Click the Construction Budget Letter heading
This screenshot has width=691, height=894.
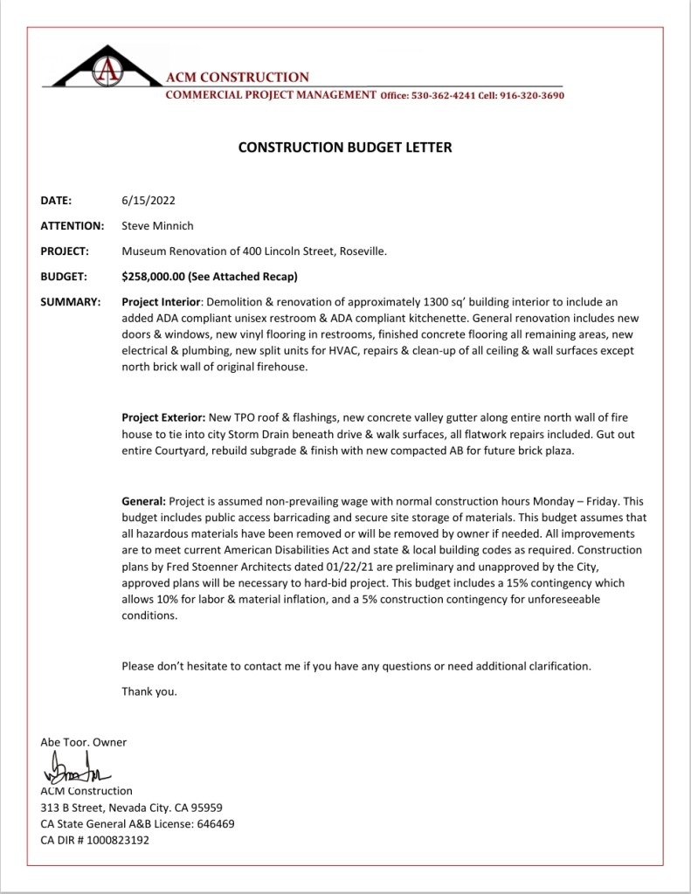(x=345, y=148)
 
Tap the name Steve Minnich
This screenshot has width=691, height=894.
(x=157, y=225)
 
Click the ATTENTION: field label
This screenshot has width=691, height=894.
(x=73, y=225)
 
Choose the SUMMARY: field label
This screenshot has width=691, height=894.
(x=70, y=301)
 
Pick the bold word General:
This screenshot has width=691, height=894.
(x=143, y=501)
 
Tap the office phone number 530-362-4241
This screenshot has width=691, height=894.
(x=439, y=95)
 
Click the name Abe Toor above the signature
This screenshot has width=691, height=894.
(x=62, y=742)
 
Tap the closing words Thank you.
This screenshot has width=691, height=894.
(x=149, y=691)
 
